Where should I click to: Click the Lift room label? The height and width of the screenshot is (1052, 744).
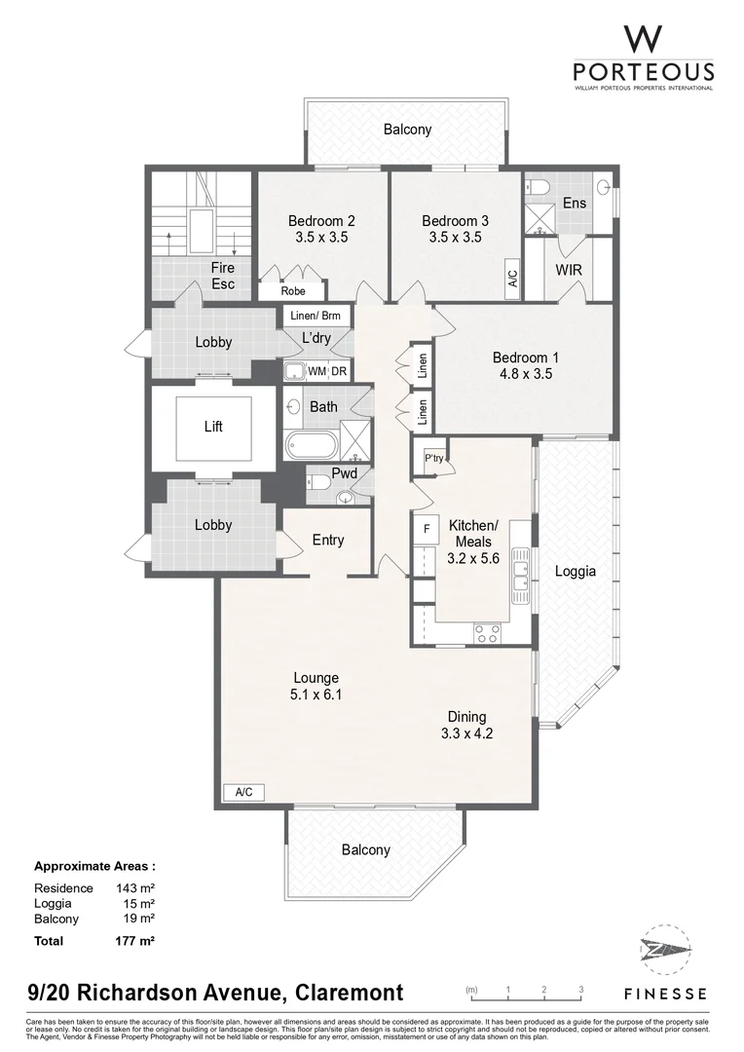pos(213,427)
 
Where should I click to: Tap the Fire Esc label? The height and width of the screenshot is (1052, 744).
pos(223,277)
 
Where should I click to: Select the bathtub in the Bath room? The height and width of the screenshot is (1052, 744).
pos(312,446)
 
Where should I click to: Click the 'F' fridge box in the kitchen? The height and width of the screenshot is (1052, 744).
pos(426,530)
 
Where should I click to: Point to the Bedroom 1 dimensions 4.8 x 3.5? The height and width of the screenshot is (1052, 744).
pos(525,373)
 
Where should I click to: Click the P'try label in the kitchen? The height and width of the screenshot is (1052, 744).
pos(433,457)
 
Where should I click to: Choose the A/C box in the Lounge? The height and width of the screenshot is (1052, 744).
pos(243,792)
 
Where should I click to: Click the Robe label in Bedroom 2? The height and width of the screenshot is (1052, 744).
pos(292,291)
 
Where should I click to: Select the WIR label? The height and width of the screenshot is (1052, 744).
pos(569,268)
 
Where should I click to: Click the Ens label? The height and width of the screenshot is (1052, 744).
pos(574,204)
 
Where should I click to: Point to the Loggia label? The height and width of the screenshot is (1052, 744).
pos(575,572)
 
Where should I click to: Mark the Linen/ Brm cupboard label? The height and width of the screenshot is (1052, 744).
pos(316,316)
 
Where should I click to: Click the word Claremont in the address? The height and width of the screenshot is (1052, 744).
pos(344,994)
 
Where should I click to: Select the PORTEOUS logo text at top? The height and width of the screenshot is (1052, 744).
pos(643,72)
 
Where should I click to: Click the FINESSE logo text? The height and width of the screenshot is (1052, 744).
pos(665,994)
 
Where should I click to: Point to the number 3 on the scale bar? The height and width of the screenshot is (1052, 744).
pos(580,990)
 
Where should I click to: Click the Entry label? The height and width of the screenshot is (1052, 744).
pos(328,541)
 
